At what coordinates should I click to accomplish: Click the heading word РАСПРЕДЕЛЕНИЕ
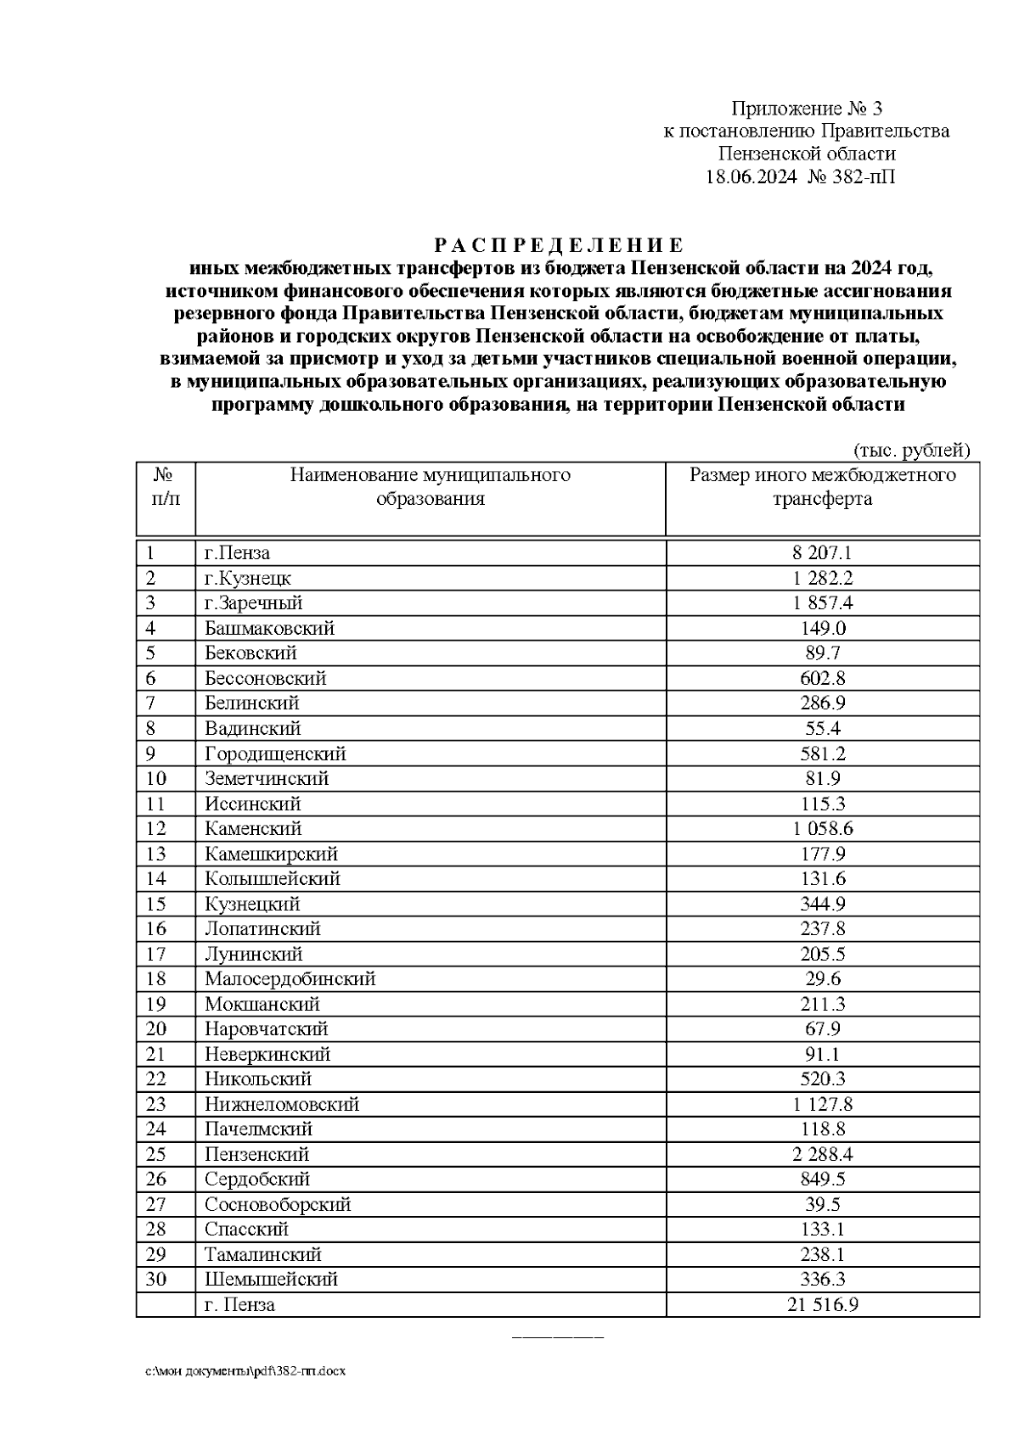pos(558,246)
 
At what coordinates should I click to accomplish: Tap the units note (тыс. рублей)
pos(910,451)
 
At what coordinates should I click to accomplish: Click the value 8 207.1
pos(822,553)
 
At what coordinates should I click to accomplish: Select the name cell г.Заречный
pos(253,603)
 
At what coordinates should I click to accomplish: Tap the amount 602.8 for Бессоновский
pos(822,679)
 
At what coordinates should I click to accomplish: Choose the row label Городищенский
pos(275,754)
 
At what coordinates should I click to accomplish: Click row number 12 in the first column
pos(156,829)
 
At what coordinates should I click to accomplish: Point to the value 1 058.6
pos(822,829)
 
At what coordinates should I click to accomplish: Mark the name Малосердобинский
pos(290,979)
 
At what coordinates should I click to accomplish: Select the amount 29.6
pos(822,979)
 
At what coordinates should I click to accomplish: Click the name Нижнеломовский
pos(282,1105)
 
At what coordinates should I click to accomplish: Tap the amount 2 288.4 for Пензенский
pos(822,1155)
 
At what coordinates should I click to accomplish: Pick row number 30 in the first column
pos(156,1280)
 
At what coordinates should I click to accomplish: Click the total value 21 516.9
pos(822,1305)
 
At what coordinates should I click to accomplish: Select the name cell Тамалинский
pos(263,1255)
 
